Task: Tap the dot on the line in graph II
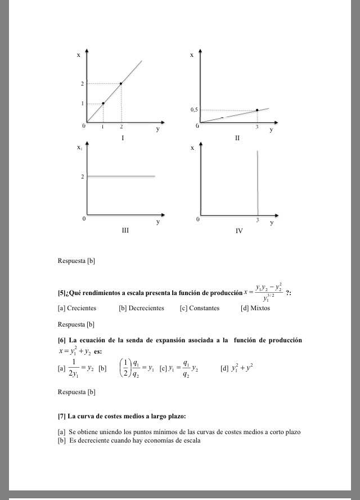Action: [257, 110]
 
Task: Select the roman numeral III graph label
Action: [125, 230]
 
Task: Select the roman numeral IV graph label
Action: [239, 231]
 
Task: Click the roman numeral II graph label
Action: [237, 137]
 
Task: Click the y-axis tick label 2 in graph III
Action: [82, 177]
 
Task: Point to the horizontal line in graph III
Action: [121, 176]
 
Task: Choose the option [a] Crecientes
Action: [77, 308]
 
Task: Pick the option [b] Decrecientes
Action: [141, 308]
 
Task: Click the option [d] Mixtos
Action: [255, 308]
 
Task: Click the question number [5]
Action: [62, 293]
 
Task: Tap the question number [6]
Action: [62, 340]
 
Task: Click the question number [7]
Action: [62, 416]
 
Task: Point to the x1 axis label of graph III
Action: [80, 148]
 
